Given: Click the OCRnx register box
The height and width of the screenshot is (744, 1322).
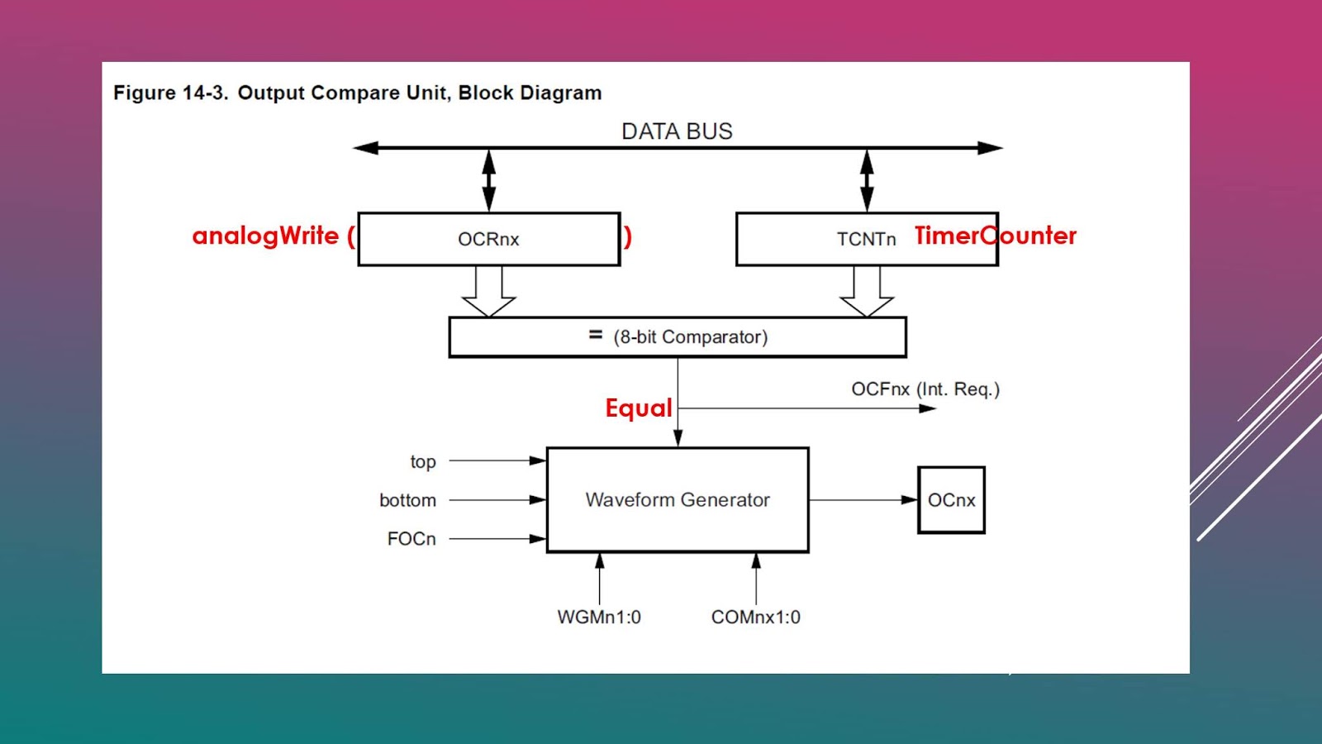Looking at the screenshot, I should pyautogui.click(x=488, y=239).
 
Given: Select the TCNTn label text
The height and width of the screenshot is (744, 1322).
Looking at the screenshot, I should pyautogui.click(x=866, y=239).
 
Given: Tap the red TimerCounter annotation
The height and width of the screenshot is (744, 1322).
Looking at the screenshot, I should pyautogui.click(x=995, y=236).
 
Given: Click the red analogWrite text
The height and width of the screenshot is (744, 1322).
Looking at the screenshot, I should pyautogui.click(x=266, y=236).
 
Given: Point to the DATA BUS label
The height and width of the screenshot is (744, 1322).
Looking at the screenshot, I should pyautogui.click(x=677, y=131).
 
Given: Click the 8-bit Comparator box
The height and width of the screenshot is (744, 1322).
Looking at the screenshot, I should pyautogui.click(x=678, y=337).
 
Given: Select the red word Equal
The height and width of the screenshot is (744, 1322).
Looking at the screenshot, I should pyautogui.click(x=638, y=408).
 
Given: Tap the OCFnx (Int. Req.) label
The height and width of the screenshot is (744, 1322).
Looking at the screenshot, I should pyautogui.click(x=925, y=389).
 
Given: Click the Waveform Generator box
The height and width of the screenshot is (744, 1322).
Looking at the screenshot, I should pyautogui.click(x=678, y=499).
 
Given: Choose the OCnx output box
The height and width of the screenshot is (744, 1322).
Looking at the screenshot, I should pyautogui.click(x=951, y=500).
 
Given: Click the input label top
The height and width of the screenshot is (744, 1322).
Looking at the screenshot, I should pyautogui.click(x=423, y=461).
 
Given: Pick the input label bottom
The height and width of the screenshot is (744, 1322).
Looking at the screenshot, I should pyautogui.click(x=407, y=500).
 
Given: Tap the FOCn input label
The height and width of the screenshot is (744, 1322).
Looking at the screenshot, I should pyautogui.click(x=411, y=539).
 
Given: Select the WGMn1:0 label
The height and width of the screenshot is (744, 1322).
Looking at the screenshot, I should pyautogui.click(x=599, y=617).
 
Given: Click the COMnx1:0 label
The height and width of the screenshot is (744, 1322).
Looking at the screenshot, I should pyautogui.click(x=755, y=617).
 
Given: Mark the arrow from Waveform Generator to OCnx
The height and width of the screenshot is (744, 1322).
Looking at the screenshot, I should pyautogui.click(x=863, y=499).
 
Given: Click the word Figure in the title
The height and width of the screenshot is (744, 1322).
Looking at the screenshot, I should pyautogui.click(x=145, y=93).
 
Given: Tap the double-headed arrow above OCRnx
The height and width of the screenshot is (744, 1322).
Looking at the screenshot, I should pyautogui.click(x=489, y=180).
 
